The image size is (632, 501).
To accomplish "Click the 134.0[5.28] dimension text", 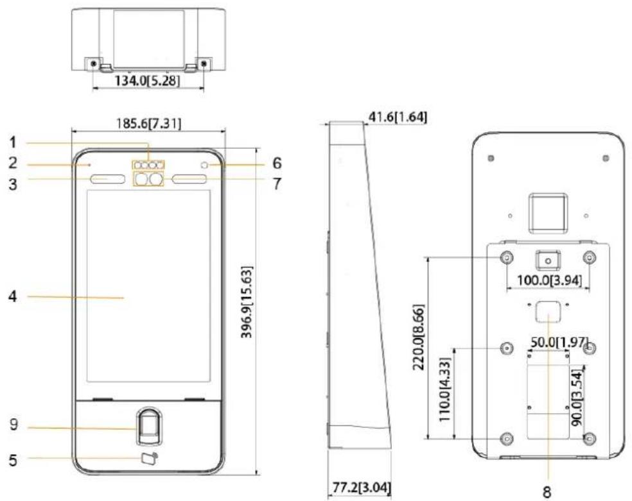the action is click(x=147, y=80).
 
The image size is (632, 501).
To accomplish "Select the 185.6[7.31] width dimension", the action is click(x=149, y=123).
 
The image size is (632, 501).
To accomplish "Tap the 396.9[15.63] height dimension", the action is click(x=247, y=301).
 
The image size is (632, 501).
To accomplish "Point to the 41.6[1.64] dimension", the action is click(x=398, y=117).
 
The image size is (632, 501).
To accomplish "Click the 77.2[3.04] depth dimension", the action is click(x=362, y=488).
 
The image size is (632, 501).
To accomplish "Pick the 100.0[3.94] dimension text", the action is click(x=549, y=280).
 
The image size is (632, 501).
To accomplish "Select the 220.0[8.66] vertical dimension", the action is click(x=418, y=338).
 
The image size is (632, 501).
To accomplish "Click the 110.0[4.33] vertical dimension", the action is click(x=444, y=389).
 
